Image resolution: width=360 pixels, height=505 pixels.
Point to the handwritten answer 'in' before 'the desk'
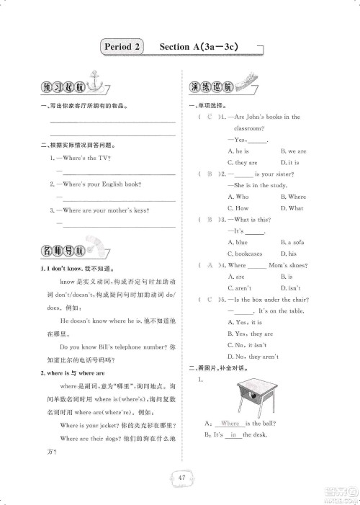click(x=233, y=435)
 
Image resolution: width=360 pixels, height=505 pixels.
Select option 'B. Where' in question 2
click(x=292, y=197)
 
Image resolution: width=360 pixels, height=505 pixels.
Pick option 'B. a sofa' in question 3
click(x=292, y=242)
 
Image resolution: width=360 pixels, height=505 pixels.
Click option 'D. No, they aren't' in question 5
click(x=253, y=356)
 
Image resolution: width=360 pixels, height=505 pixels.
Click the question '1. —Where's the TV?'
click(x=79, y=157)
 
